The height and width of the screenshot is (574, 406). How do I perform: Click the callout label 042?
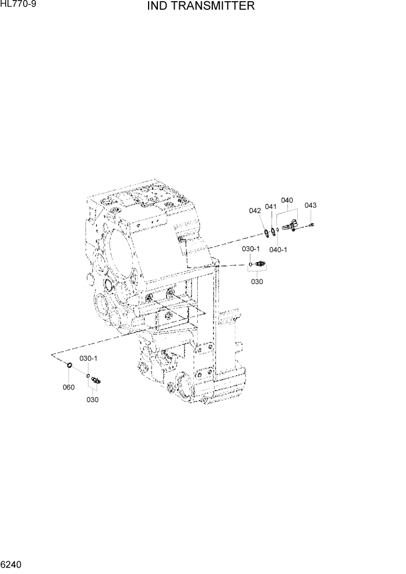255,211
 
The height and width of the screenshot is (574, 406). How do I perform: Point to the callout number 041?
271,207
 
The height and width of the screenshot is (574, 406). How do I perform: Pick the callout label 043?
311,205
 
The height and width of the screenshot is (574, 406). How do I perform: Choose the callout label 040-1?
279,249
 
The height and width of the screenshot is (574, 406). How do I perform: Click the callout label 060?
68,387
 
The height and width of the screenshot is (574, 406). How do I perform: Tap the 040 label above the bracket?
287,201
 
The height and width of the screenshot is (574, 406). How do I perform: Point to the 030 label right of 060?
93,399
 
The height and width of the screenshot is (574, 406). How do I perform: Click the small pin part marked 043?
311,225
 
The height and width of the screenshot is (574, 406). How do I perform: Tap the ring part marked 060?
68,366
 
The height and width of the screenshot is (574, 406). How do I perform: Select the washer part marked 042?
267,233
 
